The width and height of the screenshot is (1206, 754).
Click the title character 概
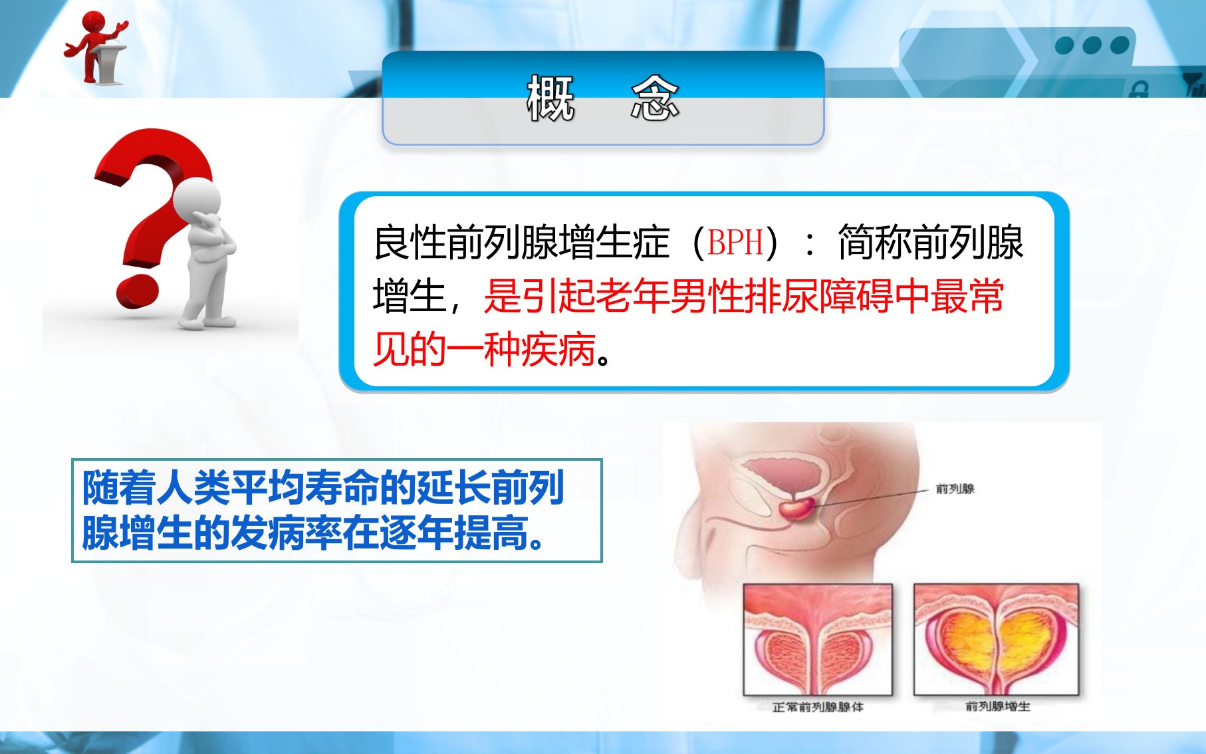(x=550, y=98)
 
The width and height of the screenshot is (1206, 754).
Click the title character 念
(x=655, y=98)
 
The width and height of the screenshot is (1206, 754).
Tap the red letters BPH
(x=735, y=243)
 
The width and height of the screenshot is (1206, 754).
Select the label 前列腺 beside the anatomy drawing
(x=955, y=489)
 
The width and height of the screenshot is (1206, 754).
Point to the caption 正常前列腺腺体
(x=818, y=707)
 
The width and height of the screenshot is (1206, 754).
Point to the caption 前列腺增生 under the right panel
(x=997, y=706)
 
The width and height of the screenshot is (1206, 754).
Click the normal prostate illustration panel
(x=818, y=640)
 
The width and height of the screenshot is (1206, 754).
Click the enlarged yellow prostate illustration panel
(x=996, y=640)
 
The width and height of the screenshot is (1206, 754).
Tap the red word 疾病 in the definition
(x=558, y=350)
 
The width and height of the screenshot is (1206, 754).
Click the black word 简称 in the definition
(x=874, y=242)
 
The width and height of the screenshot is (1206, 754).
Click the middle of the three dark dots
(x=1092, y=45)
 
